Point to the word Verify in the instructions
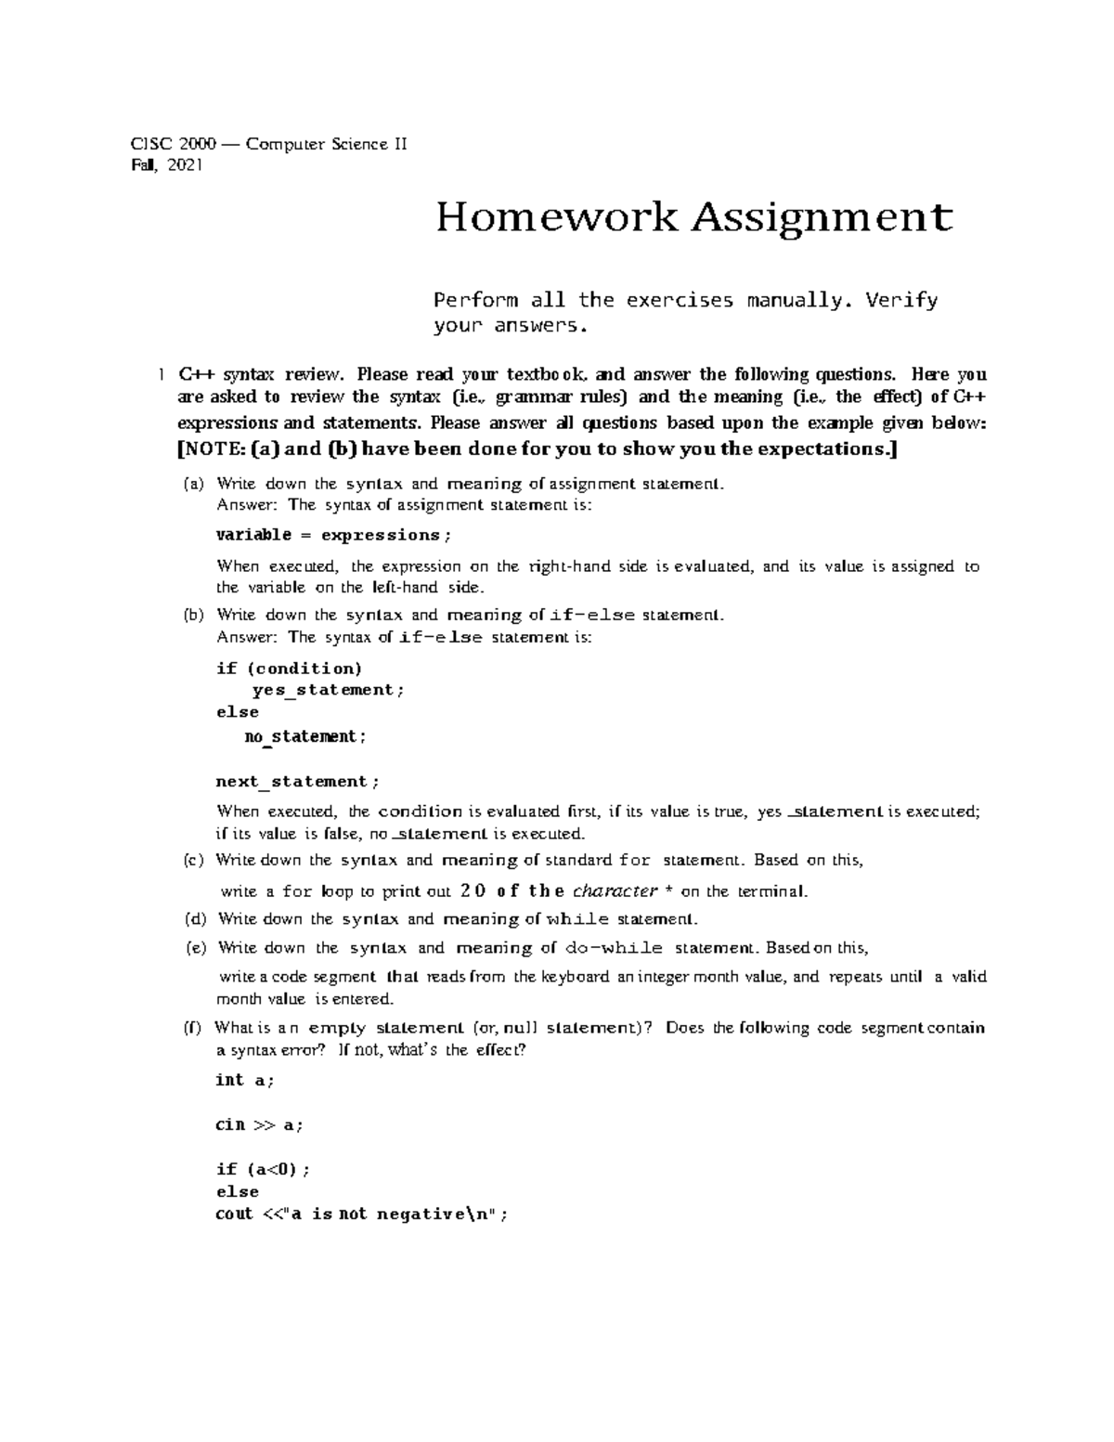click(900, 300)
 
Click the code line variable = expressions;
click(334, 535)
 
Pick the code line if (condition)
click(289, 669)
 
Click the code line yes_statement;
click(329, 690)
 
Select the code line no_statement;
click(305, 736)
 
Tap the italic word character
click(615, 891)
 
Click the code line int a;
click(245, 1080)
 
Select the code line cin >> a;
click(259, 1124)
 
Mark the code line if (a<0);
click(263, 1169)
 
